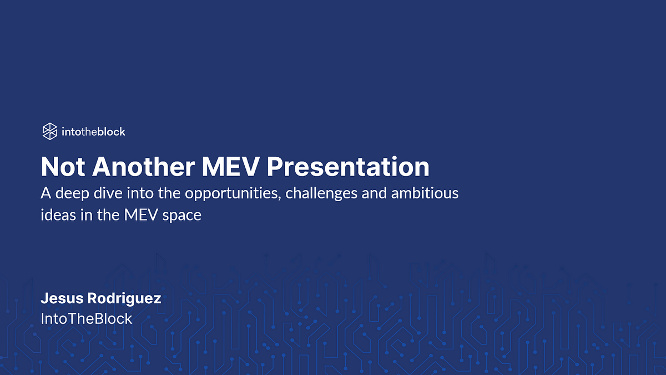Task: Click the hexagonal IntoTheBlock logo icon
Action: [x=49, y=131]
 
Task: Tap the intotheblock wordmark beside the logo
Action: [x=93, y=132]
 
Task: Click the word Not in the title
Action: [x=63, y=167]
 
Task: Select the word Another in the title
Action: [x=144, y=167]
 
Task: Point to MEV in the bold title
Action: [x=231, y=167]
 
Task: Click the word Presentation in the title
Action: [x=348, y=167]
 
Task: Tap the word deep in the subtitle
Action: [x=72, y=193]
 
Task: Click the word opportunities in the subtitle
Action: [x=233, y=193]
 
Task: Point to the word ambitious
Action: [x=425, y=193]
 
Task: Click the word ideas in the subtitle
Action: [x=58, y=215]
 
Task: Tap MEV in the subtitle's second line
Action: [x=140, y=215]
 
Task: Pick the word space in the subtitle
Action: [x=181, y=216]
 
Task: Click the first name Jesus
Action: [x=62, y=298]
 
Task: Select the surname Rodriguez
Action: [x=124, y=299]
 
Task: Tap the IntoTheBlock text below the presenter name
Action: [x=86, y=319]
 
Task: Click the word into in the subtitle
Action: [x=140, y=193]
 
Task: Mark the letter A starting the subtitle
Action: [x=46, y=193]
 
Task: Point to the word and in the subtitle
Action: [x=374, y=193]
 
